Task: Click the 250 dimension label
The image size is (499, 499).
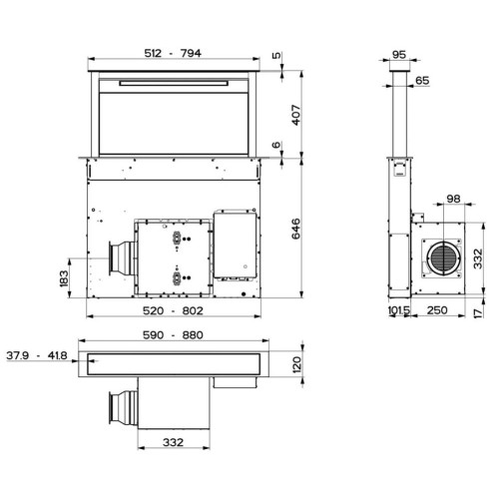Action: (x=437, y=311)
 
